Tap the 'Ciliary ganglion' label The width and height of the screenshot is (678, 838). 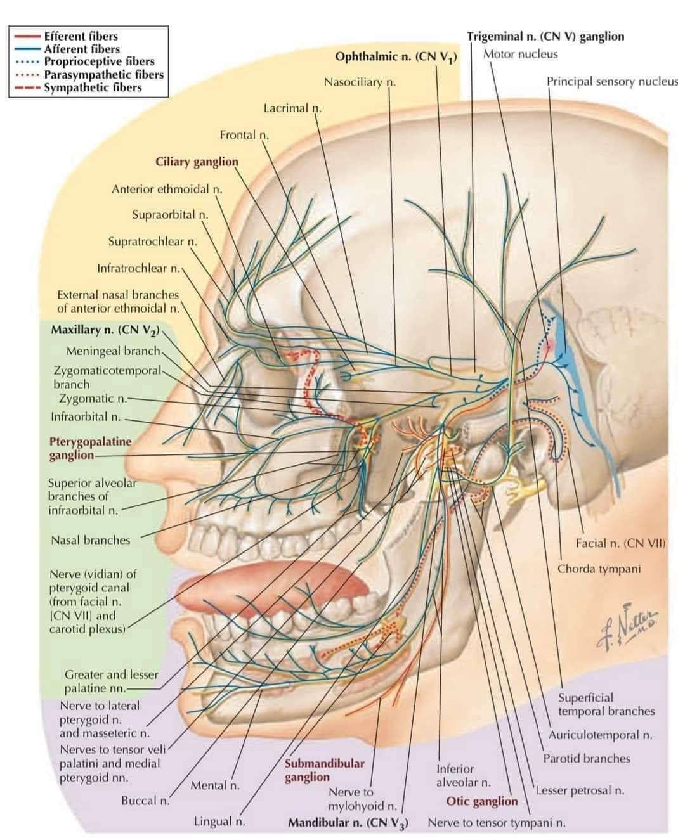click(197, 162)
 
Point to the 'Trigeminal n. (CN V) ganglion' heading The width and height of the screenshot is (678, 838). click(545, 37)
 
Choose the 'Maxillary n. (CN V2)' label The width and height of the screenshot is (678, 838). click(105, 330)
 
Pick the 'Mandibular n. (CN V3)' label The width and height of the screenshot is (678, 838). click(348, 823)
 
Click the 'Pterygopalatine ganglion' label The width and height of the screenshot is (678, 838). click(90, 448)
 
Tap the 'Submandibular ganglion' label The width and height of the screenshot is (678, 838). click(324, 770)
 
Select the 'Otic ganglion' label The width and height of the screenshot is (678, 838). click(481, 801)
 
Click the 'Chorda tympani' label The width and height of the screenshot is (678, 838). click(599, 569)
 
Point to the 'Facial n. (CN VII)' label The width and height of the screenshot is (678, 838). click(620, 543)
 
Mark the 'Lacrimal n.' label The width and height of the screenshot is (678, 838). click(292, 108)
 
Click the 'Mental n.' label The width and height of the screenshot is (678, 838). click(215, 785)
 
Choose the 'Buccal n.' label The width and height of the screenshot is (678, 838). click(145, 801)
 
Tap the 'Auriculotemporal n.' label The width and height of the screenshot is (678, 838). click(600, 735)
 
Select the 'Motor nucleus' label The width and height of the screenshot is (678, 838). click(520, 55)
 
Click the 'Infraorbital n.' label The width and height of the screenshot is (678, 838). click(86, 416)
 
